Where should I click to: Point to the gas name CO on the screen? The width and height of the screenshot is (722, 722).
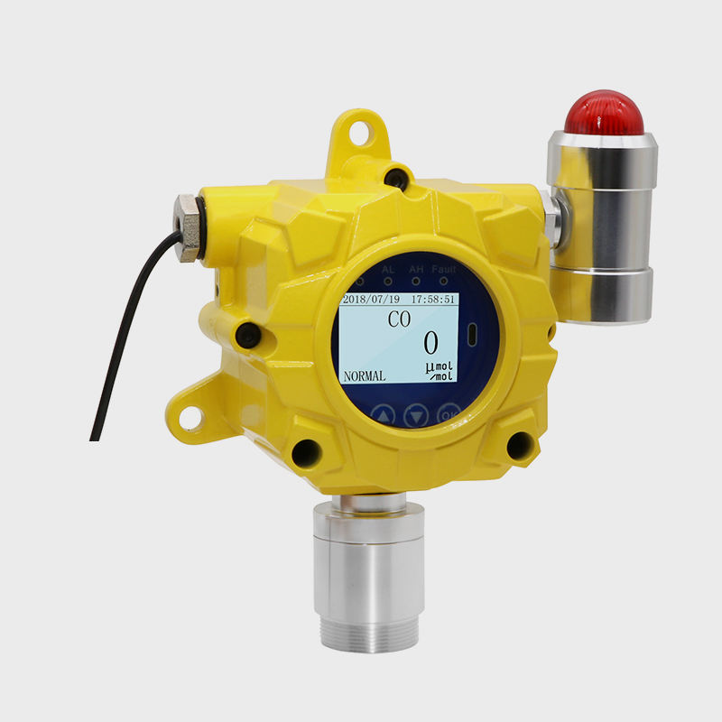398,319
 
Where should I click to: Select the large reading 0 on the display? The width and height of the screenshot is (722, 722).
430,344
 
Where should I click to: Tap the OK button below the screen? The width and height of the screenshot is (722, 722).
449,414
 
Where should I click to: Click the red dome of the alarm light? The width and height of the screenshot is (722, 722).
603,113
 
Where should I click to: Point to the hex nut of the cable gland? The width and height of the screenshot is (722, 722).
188,228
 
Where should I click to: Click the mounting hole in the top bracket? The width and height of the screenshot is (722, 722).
360,132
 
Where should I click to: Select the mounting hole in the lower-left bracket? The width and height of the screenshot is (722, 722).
190,417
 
